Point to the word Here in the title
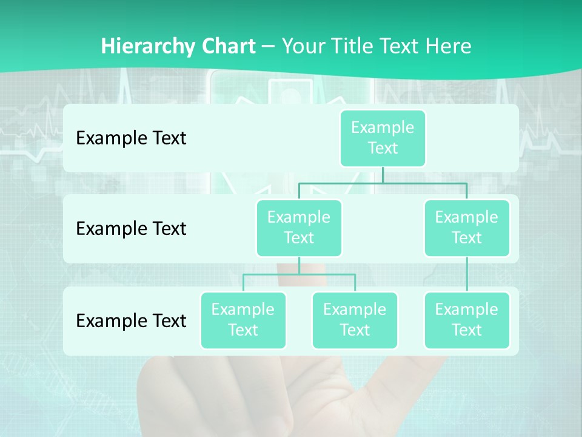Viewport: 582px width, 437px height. tap(449, 47)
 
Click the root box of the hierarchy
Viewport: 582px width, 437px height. tap(383, 138)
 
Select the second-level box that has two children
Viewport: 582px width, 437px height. tap(299, 228)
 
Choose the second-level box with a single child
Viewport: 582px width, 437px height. tap(467, 228)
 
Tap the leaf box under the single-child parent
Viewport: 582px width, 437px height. tap(467, 320)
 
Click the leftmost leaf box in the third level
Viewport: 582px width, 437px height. tap(243, 320)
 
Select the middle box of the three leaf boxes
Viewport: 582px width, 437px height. tap(355, 320)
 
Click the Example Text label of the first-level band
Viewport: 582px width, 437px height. tap(131, 138)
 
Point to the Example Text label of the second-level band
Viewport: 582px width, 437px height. tap(131, 229)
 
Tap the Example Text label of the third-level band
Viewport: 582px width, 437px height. tap(131, 320)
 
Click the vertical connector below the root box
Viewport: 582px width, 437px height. tap(383, 175)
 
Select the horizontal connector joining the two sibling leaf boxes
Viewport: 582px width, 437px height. tap(299, 274)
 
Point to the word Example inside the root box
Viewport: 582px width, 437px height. tap(383, 128)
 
